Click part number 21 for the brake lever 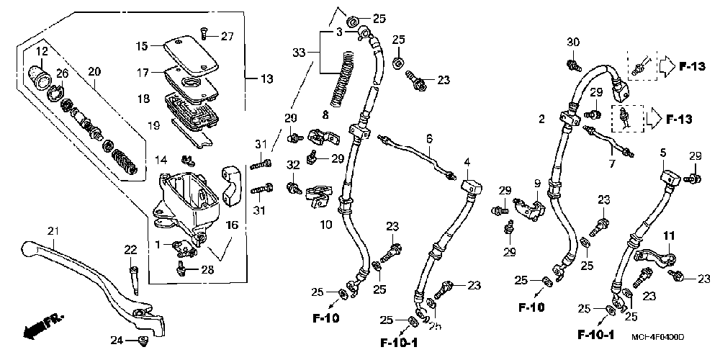click(x=52, y=231)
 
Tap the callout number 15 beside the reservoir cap click(x=143, y=46)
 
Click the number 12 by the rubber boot click(x=42, y=50)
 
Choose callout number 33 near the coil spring click(x=299, y=53)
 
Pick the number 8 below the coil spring click(x=325, y=114)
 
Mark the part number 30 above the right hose click(x=573, y=42)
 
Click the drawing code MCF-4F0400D click(x=657, y=337)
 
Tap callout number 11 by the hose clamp click(x=668, y=236)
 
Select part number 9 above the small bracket click(x=536, y=184)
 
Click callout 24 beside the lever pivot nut click(x=115, y=340)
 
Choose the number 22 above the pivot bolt click(x=130, y=249)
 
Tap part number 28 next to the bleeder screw click(x=207, y=269)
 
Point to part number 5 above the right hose click(x=663, y=153)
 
